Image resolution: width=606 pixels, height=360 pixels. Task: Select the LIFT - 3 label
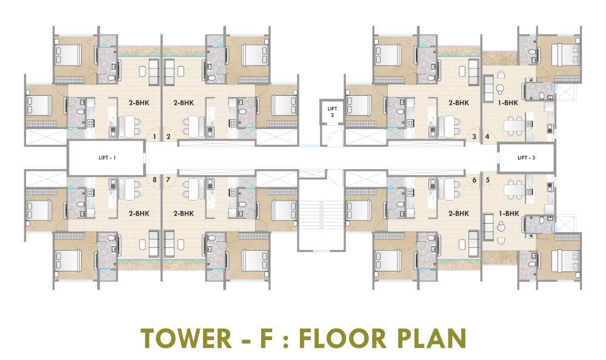point(525,158)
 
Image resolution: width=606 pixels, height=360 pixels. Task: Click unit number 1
point(155,137)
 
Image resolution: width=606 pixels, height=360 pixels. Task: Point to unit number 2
point(168,137)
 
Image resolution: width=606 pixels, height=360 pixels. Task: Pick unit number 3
point(474,137)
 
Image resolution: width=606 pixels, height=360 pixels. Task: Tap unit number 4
point(487,137)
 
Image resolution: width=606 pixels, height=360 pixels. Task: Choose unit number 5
point(487,179)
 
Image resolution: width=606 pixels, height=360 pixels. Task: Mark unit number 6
point(474,179)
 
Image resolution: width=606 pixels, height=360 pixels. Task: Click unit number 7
point(168,179)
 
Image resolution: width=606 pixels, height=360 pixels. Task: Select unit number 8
point(155,179)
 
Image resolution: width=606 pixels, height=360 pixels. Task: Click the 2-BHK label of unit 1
point(139,103)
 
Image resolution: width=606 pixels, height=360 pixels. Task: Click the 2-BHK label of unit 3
point(459,103)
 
